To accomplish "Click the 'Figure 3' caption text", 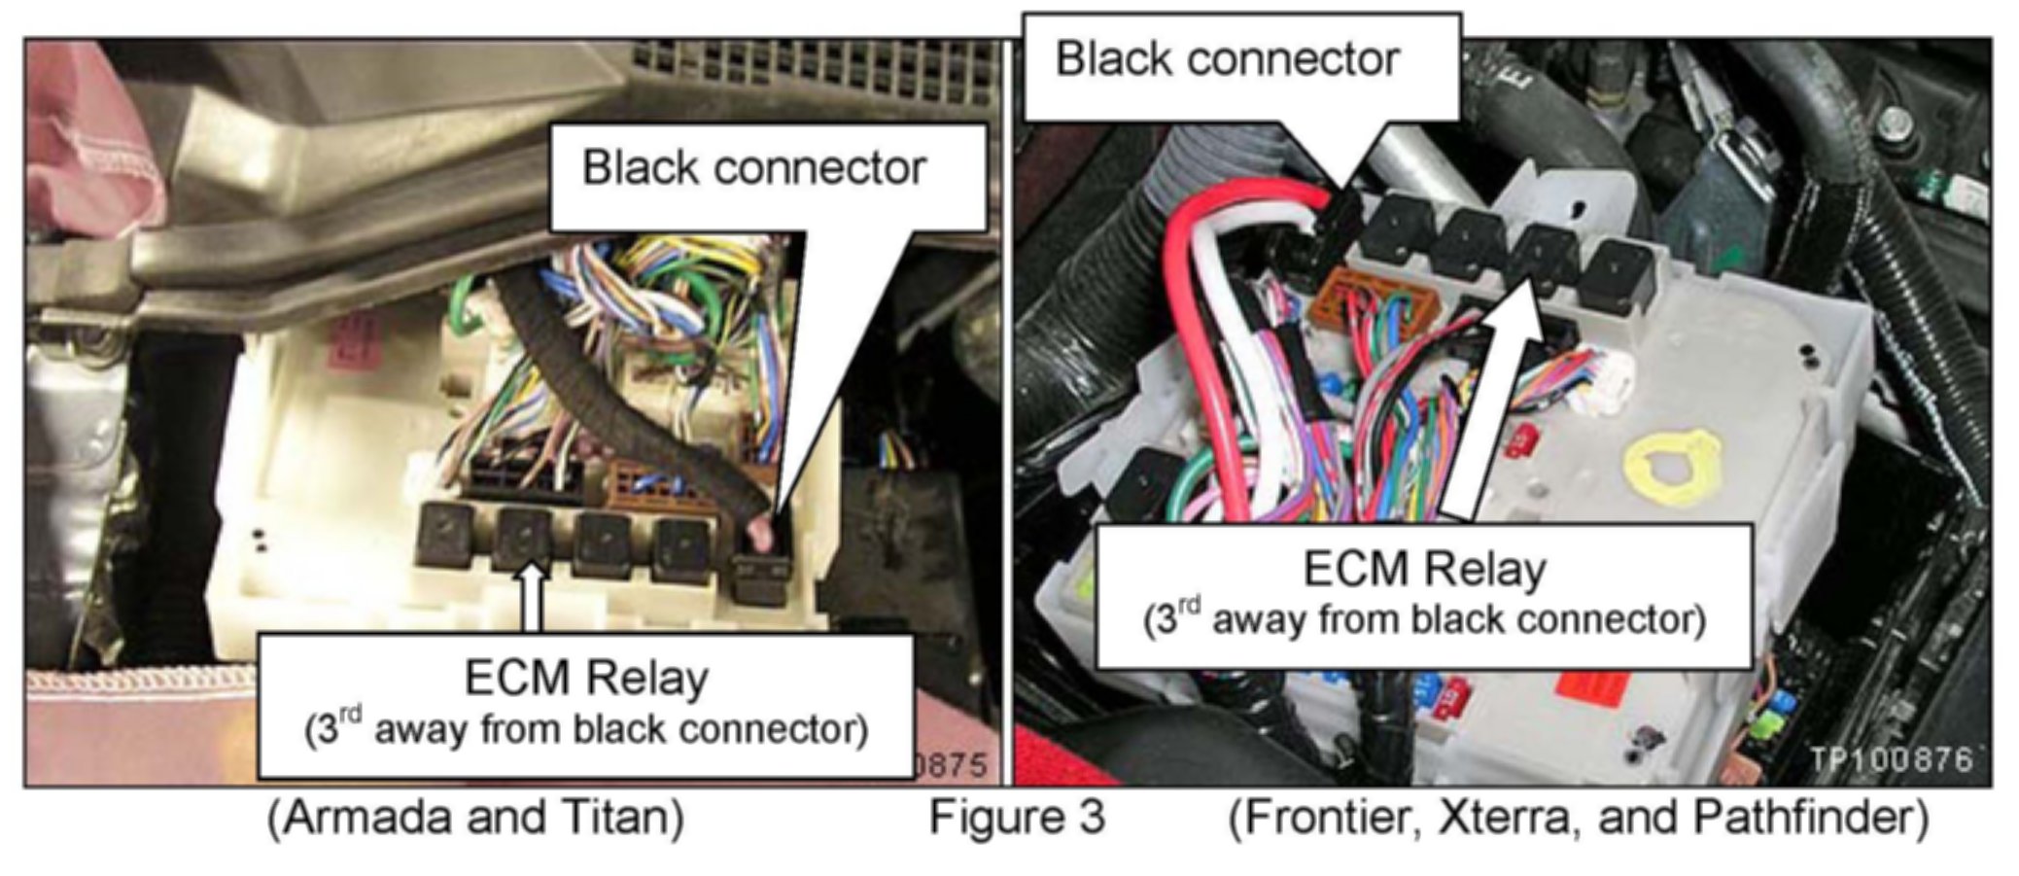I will (1017, 817).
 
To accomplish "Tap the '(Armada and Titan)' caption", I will (475, 817).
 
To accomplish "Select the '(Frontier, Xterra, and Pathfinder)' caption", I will (1579, 817).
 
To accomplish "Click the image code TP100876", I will (1891, 759).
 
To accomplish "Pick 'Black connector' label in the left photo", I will (753, 168).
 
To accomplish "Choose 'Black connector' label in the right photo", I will (1227, 59).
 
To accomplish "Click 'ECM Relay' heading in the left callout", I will (586, 679).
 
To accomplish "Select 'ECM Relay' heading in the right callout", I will (1424, 570).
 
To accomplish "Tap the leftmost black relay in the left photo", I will (444, 537).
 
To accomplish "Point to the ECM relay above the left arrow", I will (523, 541).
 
